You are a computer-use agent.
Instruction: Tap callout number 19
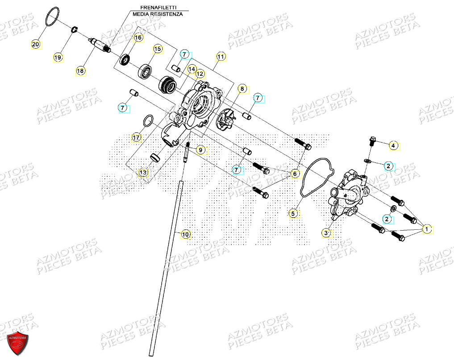[x=58, y=58]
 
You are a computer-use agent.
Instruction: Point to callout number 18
[x=80, y=70]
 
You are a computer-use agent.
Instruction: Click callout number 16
[x=138, y=38]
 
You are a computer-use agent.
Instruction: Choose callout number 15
[x=157, y=49]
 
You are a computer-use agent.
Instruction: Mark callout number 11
[x=221, y=57]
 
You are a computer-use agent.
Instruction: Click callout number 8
[x=242, y=89]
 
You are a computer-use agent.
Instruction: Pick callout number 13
[x=143, y=172]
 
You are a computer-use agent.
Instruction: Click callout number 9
[x=200, y=150]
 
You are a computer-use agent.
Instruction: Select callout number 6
[x=295, y=174]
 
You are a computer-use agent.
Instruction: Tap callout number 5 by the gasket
[x=293, y=214]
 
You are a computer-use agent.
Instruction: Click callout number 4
[x=393, y=145]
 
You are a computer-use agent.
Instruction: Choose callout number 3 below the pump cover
[x=327, y=233]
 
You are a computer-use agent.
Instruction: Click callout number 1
[x=427, y=229]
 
